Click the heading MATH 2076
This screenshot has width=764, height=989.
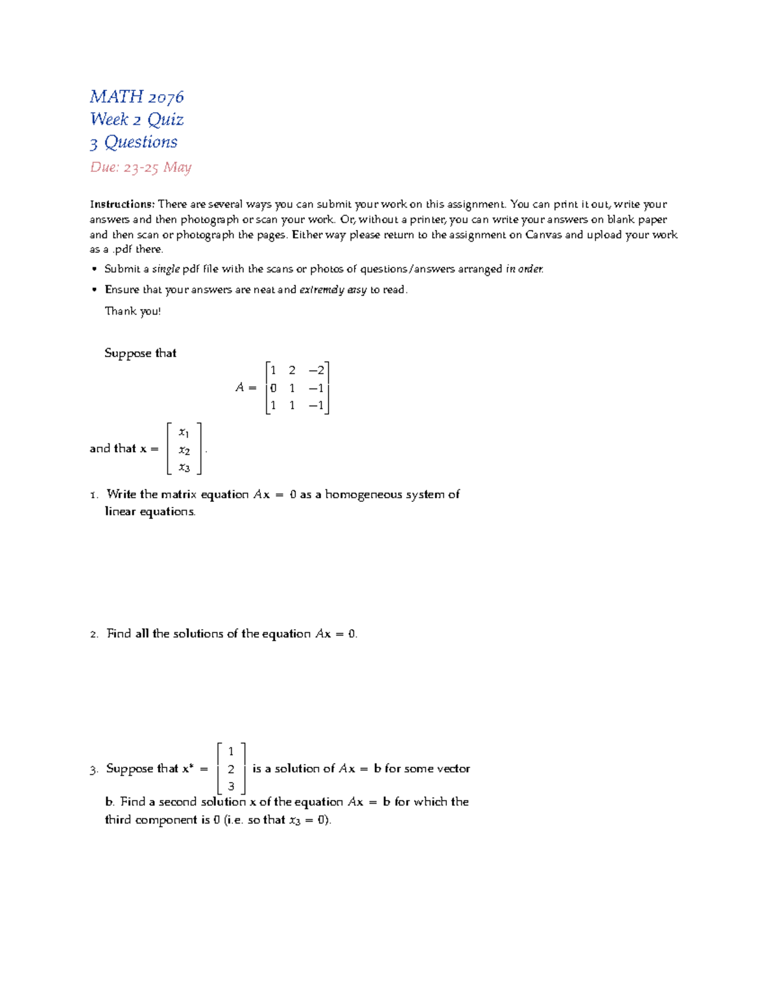137,97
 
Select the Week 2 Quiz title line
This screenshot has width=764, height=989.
137,120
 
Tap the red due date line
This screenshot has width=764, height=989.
141,167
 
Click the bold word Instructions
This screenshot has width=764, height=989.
122,204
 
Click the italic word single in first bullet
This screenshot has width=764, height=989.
166,269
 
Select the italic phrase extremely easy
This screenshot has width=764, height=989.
333,290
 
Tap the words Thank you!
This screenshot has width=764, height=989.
132,311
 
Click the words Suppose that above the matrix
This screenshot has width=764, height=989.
140,353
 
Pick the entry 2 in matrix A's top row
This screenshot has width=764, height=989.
292,371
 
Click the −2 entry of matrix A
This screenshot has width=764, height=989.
316,371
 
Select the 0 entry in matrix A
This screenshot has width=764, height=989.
273,388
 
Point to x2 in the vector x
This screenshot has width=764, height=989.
184,451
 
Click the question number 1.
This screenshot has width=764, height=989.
94,495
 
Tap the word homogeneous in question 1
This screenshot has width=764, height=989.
363,495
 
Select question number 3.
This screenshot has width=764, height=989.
94,770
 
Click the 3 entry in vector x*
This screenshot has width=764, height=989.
231,786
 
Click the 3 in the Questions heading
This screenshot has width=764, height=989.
94,143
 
